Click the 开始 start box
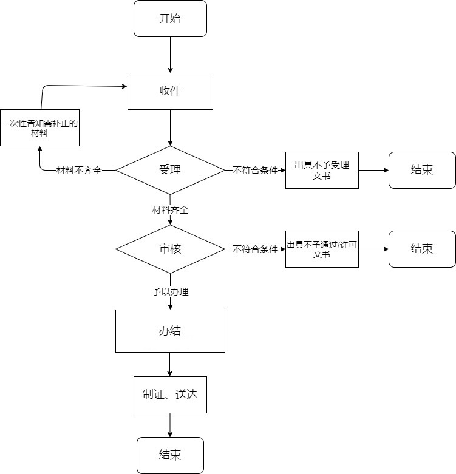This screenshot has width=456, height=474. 170,19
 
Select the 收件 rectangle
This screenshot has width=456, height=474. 170,91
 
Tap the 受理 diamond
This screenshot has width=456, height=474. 170,170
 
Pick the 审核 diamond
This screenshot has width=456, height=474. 170,249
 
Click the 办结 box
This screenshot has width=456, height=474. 170,331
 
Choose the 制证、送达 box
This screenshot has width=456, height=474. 170,395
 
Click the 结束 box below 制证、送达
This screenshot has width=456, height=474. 170,455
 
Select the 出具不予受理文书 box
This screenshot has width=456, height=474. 322,170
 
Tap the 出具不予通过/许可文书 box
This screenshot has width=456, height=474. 322,249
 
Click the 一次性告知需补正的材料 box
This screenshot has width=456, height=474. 39,128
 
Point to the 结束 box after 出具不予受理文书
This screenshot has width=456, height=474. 422,170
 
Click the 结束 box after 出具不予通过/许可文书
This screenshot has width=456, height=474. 422,249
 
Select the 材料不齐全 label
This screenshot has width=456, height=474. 79,171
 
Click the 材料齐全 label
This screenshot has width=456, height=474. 170,210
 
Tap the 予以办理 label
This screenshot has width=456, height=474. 170,292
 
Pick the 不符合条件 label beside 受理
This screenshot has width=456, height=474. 255,171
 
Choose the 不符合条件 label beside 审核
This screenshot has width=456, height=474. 255,249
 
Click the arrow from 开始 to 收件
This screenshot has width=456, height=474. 170,55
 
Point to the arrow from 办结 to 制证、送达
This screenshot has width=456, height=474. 170,365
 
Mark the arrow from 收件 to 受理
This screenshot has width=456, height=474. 170,128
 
